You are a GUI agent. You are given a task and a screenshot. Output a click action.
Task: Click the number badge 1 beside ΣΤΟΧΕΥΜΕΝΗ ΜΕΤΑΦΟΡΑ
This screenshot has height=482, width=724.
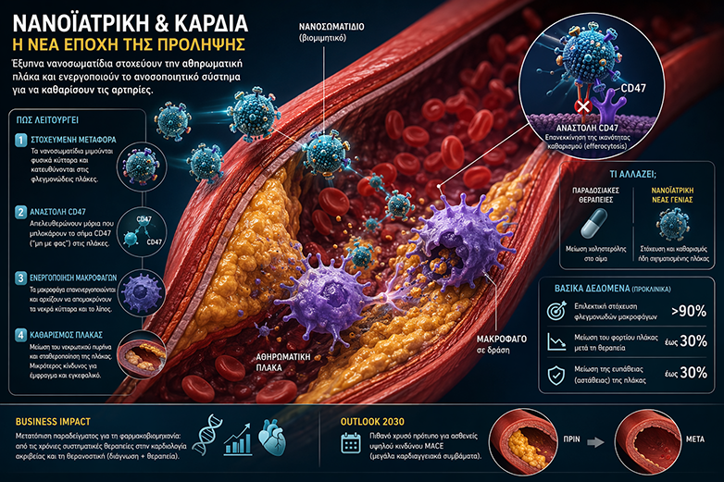(x=21, y=140)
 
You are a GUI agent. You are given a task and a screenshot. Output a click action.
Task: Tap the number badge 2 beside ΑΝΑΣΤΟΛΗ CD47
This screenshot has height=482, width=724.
(x=21, y=211)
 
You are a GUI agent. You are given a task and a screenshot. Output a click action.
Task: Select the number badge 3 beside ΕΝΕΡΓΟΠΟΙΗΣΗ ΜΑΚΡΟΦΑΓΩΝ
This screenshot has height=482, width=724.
(x=21, y=277)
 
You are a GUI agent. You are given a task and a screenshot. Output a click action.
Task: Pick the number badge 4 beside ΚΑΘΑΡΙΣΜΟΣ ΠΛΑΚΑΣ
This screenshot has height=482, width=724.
(x=21, y=334)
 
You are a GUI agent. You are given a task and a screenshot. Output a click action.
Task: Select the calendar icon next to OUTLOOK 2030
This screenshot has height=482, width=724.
(x=352, y=441)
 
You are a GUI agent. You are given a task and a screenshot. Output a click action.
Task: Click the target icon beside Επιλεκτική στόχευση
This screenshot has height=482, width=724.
(x=556, y=310)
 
